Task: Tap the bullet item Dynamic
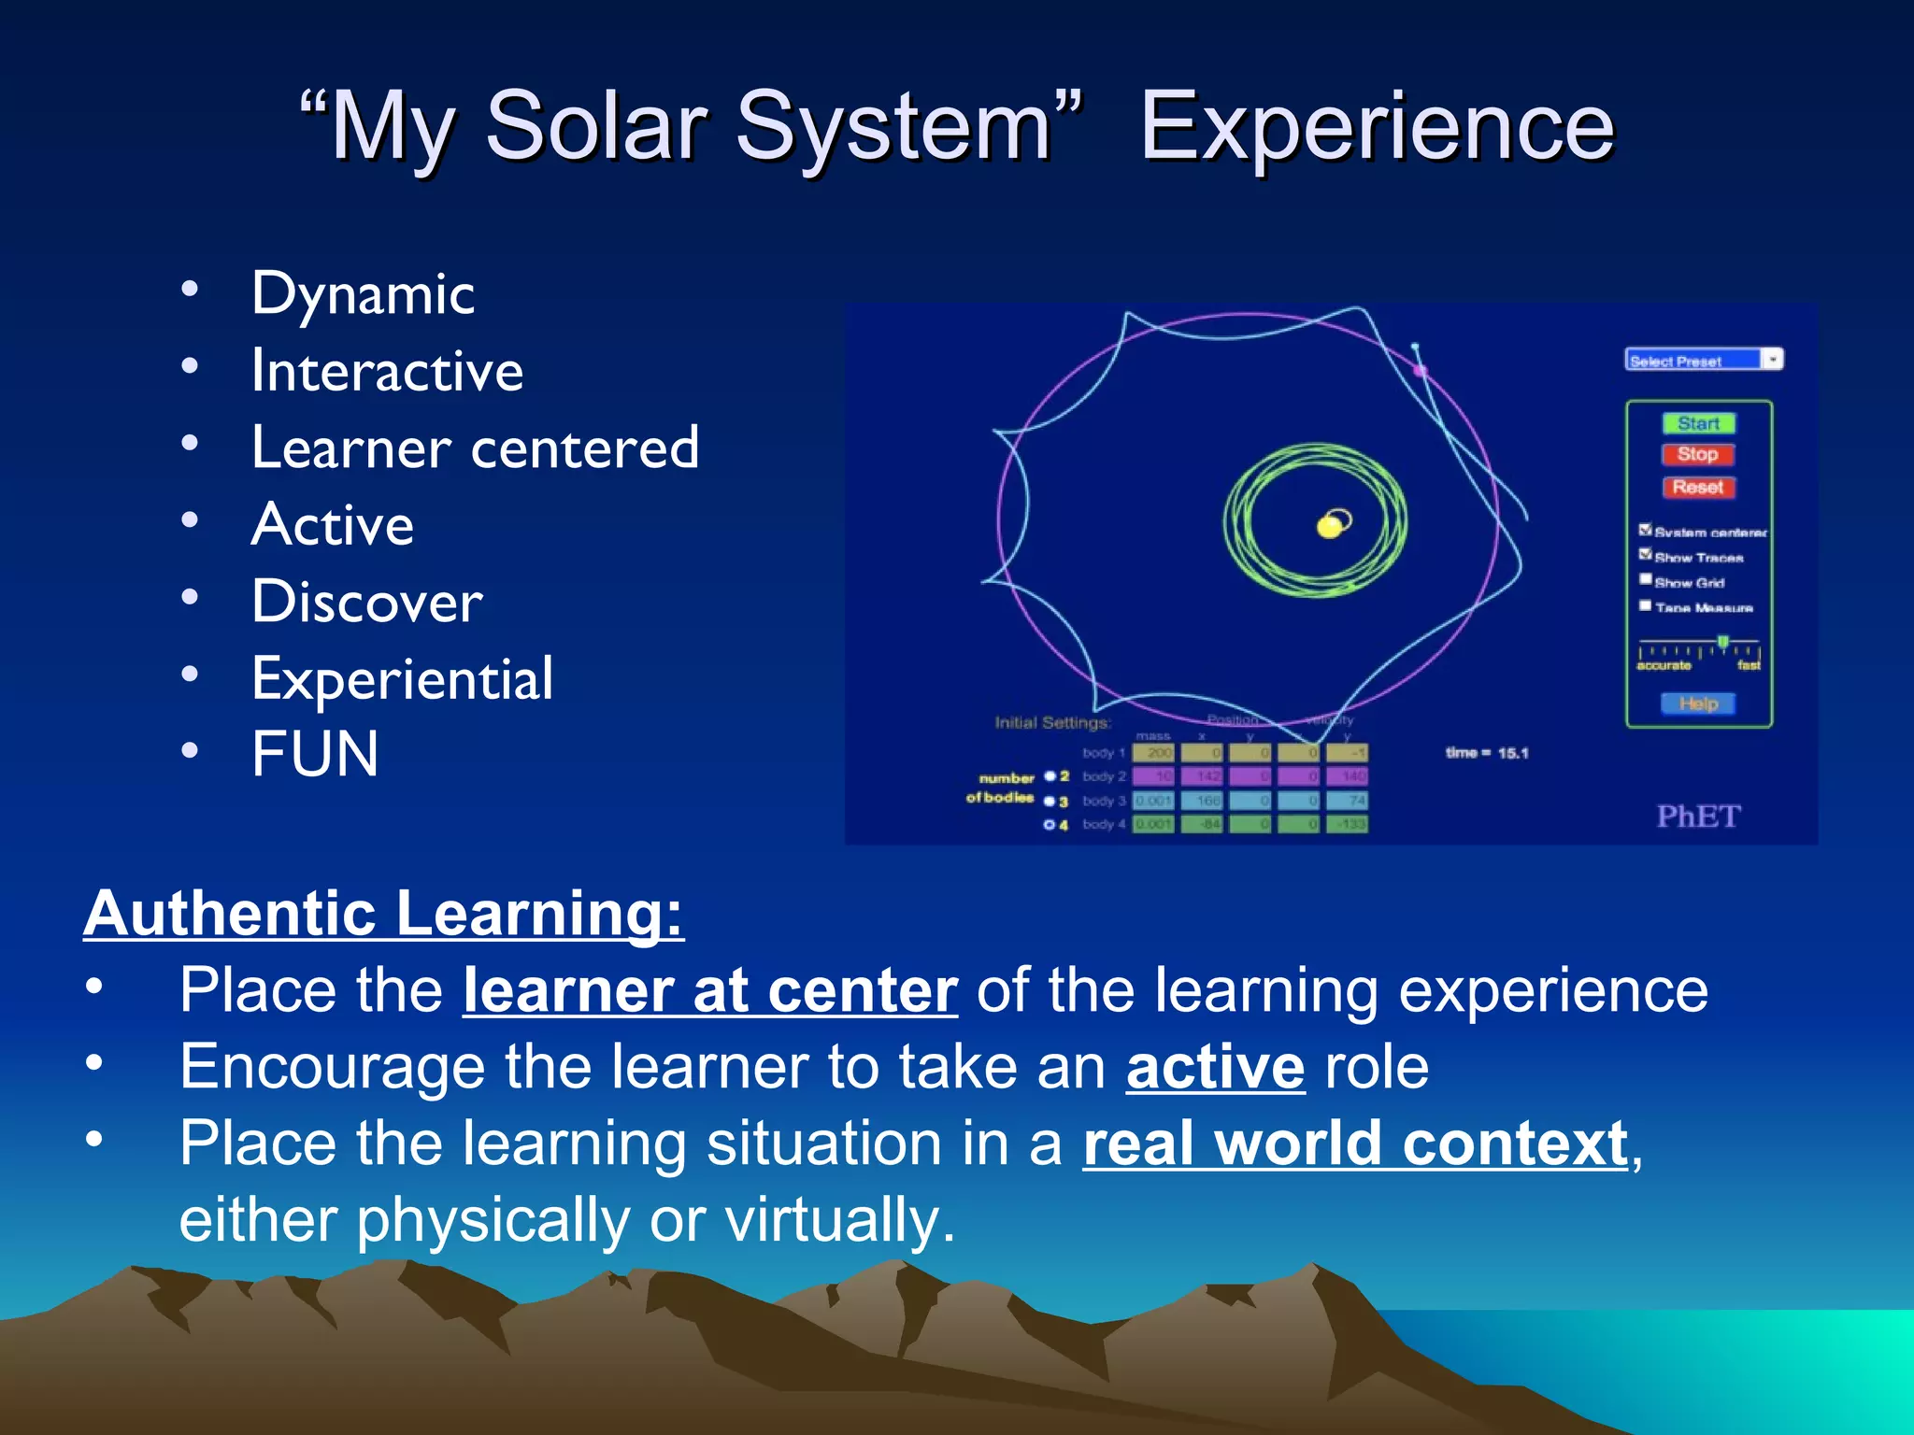click(363, 294)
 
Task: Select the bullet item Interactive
click(387, 371)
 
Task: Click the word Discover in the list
click(367, 602)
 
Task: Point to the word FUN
click(315, 754)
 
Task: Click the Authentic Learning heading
click(383, 913)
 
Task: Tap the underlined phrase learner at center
click(710, 990)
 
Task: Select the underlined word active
click(1215, 1067)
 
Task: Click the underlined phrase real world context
click(1355, 1144)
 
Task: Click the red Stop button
click(1697, 454)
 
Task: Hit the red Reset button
click(1697, 487)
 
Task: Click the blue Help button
click(1697, 703)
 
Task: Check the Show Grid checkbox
click(1646, 580)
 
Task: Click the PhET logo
click(1697, 816)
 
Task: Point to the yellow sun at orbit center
click(1329, 527)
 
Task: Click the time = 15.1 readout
click(1486, 753)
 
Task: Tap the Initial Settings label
click(1052, 722)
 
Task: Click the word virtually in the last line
click(839, 1220)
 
